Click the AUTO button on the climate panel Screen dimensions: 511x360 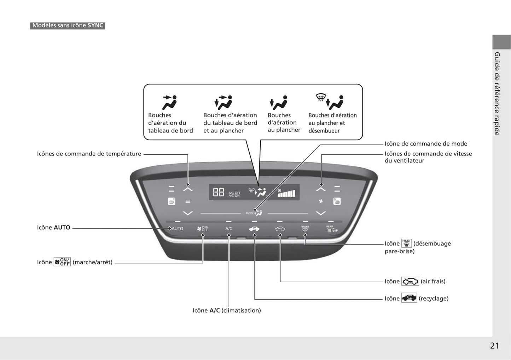(177, 229)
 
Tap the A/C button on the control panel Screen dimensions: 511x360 (229, 229)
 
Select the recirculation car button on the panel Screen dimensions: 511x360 (254, 229)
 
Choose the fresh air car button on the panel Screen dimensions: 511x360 (280, 229)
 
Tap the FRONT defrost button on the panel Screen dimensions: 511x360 (305, 229)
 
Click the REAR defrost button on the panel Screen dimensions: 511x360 (332, 229)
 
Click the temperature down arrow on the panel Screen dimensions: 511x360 (188, 213)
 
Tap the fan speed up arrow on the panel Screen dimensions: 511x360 (321, 189)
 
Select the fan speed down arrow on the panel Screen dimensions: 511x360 (321, 213)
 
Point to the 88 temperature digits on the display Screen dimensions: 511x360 (219, 192)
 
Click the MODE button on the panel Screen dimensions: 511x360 (254, 213)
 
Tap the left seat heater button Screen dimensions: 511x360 (172, 201)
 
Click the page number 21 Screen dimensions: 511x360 (495, 346)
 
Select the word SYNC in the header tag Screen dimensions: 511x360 (95, 25)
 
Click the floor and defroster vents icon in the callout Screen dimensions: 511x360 (330, 102)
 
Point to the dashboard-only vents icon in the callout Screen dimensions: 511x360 (170, 102)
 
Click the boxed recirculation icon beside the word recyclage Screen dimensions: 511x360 (409, 298)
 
